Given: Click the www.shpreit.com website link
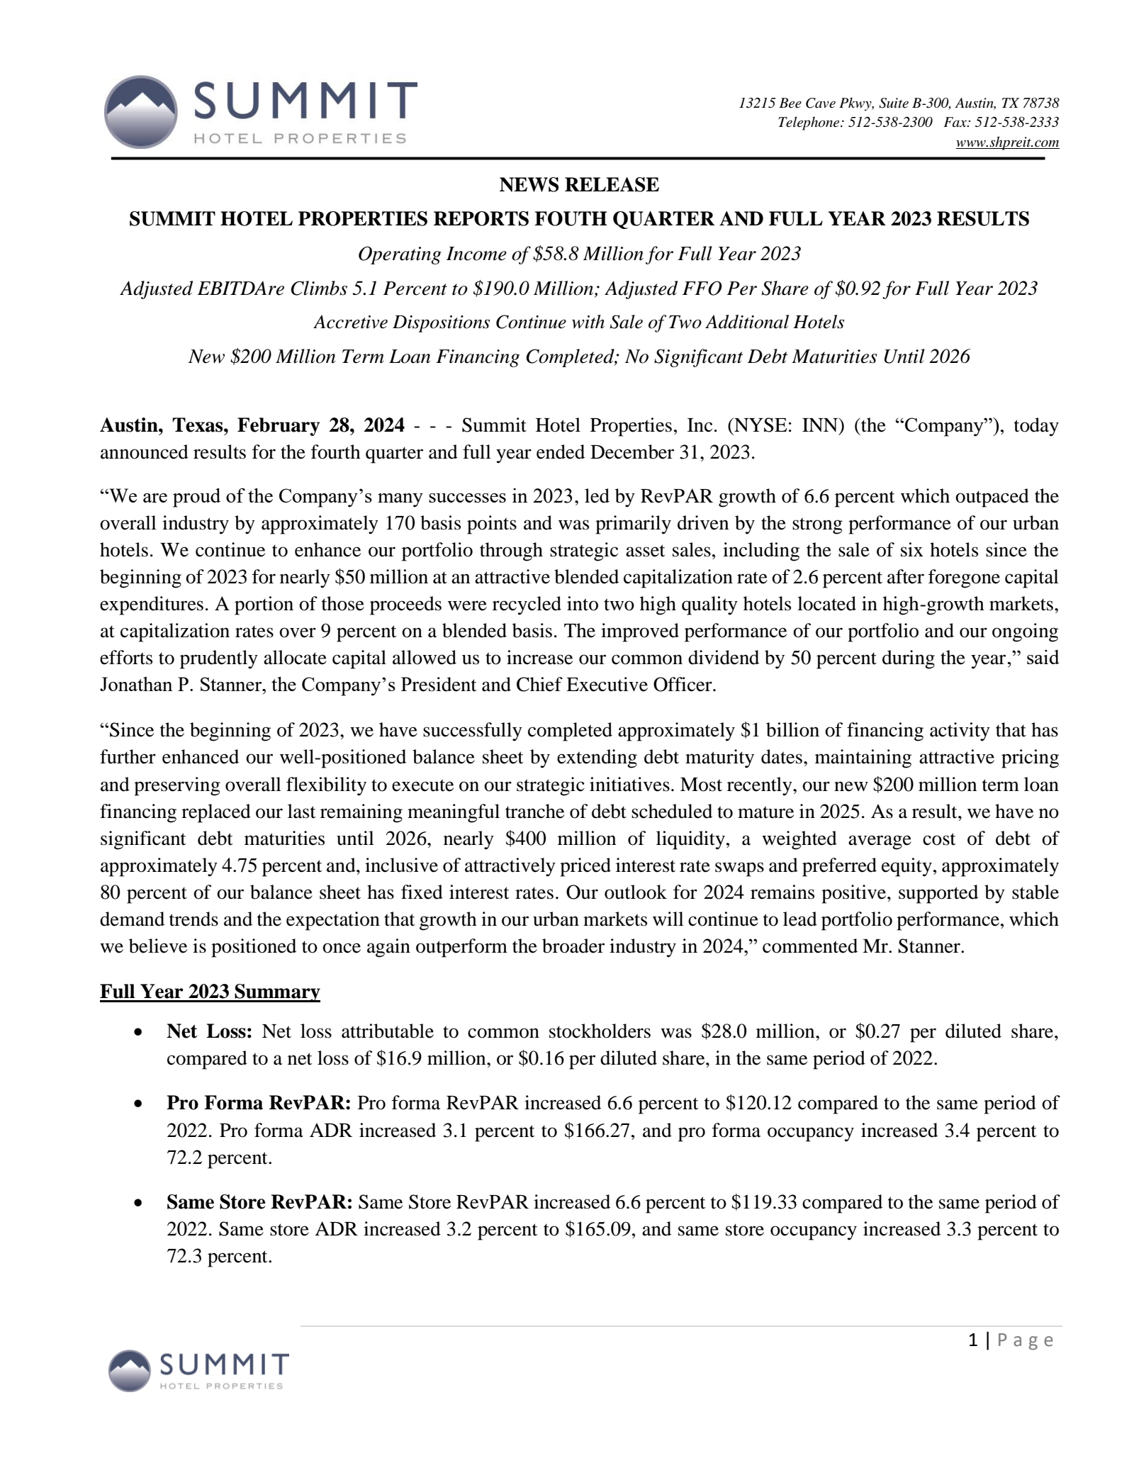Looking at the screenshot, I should click(1006, 143).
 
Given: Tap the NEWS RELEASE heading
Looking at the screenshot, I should click(578, 185).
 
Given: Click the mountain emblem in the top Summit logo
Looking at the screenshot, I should click(140, 112).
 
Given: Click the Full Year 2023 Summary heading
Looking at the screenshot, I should click(210, 991).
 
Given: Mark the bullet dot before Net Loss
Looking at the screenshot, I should click(140, 1033).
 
